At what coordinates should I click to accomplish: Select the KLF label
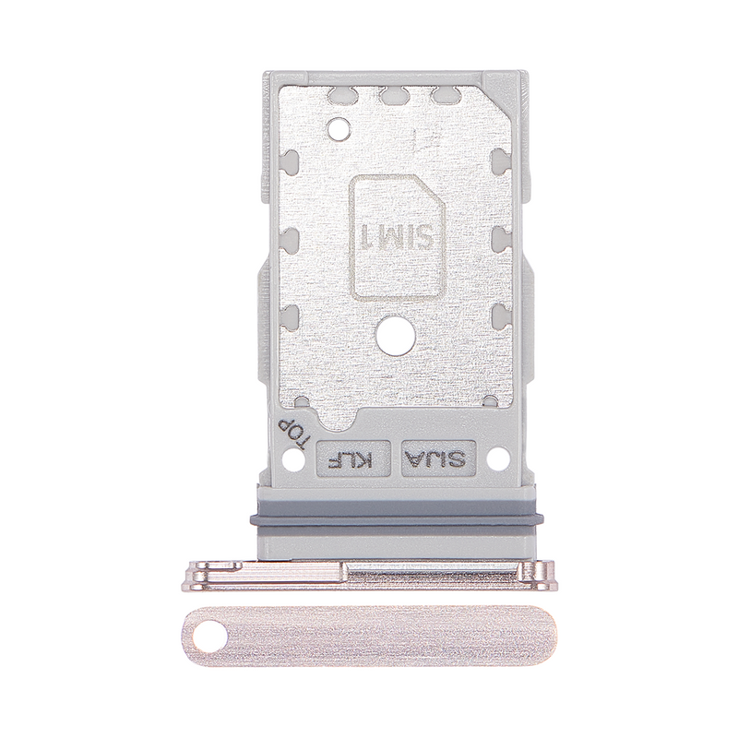(350, 457)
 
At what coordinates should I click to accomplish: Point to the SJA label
(435, 457)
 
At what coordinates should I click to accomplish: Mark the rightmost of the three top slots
(443, 94)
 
